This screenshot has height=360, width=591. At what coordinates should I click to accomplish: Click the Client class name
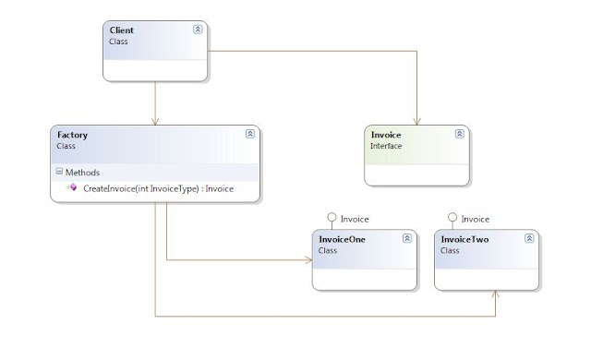coord(121,30)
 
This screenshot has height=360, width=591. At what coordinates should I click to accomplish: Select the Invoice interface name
coord(386,134)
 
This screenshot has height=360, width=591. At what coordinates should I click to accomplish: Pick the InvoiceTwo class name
coord(464,238)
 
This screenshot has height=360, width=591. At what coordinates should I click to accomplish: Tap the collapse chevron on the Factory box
coord(249,134)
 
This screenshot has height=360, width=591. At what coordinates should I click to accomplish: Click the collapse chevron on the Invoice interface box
coord(460,134)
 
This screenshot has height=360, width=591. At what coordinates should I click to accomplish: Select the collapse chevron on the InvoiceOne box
coord(407,238)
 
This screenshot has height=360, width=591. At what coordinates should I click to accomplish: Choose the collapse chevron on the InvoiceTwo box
coord(529,238)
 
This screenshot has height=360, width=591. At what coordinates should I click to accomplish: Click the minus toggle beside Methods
coord(58,172)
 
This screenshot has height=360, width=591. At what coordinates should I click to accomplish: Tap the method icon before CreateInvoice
coord(72,188)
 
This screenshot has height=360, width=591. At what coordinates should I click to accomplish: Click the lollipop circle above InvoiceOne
coord(332,219)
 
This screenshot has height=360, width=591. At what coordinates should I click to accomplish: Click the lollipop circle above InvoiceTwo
coord(452,219)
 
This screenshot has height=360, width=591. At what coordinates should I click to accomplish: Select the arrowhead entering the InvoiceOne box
coord(306,259)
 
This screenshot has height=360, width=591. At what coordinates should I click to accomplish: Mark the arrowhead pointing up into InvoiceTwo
coord(496,293)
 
